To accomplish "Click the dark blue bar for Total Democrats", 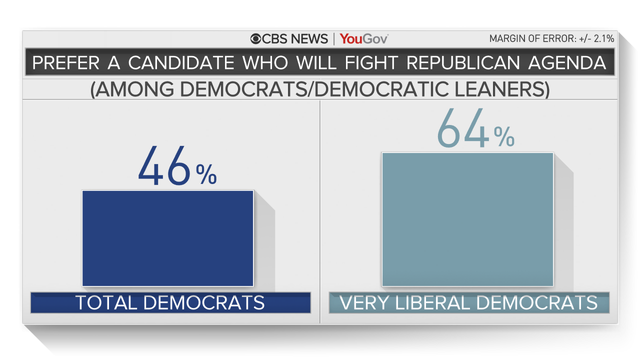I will click(x=167, y=238).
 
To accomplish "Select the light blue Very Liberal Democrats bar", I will click(x=467, y=218).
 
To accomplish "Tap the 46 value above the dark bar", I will click(x=165, y=166).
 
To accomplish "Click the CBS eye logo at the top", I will click(x=258, y=39).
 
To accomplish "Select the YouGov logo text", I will click(x=363, y=39).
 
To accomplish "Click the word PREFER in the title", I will click(x=69, y=64).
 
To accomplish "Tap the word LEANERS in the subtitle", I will click(x=497, y=90).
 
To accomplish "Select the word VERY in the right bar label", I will click(x=368, y=302).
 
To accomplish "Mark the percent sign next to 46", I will click(x=206, y=176).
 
